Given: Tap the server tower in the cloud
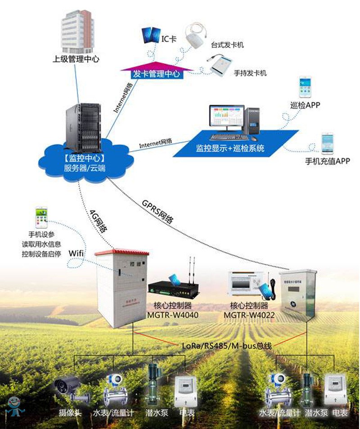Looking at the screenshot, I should (x=84, y=128).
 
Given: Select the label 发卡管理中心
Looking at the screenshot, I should (x=157, y=74).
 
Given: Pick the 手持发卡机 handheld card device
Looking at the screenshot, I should (x=220, y=65).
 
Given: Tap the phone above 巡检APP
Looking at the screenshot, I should (x=306, y=87).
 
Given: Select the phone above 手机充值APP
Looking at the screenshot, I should (x=327, y=144).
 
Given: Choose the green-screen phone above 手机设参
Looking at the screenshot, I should (x=42, y=218).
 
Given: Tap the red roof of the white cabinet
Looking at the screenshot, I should (x=121, y=252).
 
